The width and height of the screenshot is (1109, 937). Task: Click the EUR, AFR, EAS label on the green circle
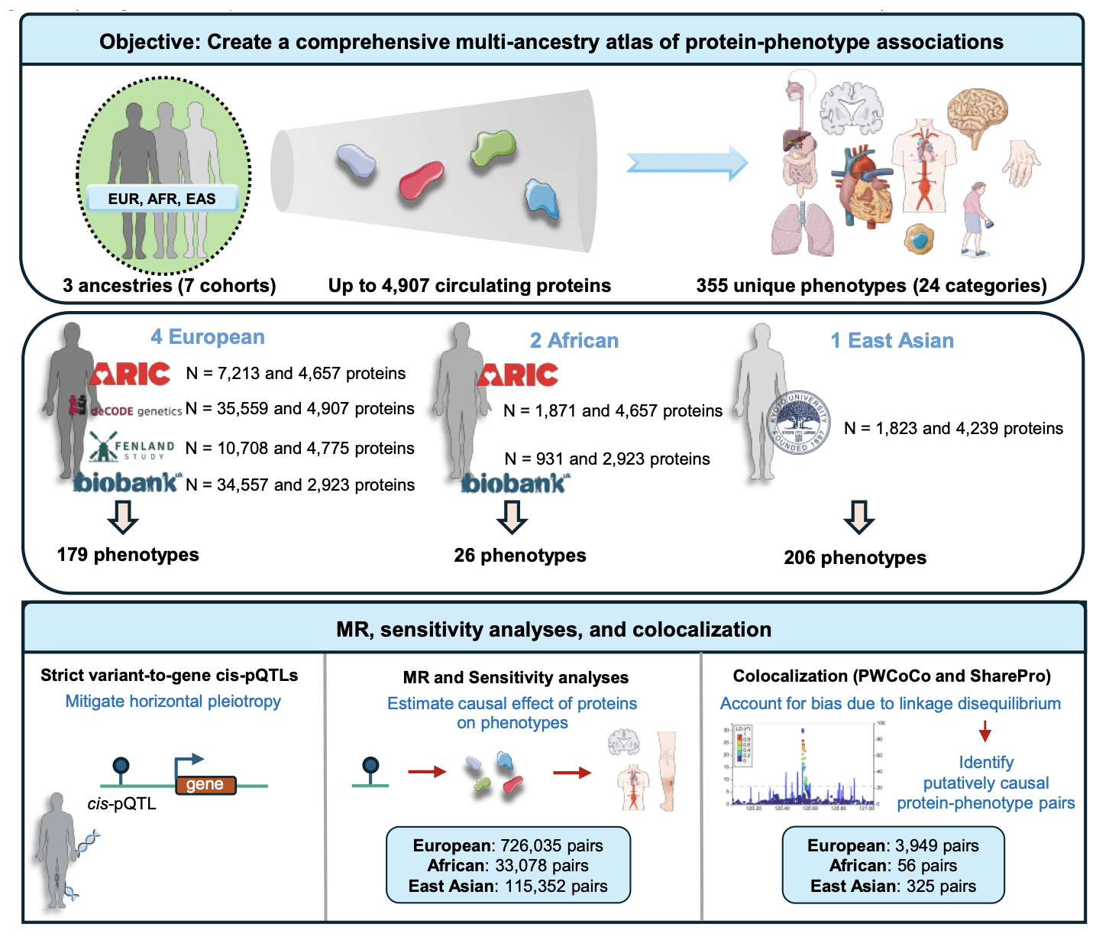point(162,199)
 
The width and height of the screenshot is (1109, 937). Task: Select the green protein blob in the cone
point(493,148)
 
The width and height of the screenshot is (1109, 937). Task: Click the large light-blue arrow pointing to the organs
point(686,163)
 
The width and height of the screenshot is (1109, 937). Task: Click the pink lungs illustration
point(803,229)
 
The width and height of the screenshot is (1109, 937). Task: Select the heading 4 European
point(208,337)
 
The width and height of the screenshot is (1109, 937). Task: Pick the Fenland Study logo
point(131,447)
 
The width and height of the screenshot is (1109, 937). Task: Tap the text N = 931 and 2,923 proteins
point(607,459)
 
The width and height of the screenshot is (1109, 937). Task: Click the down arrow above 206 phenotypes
point(858,517)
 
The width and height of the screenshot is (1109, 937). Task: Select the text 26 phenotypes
point(520,556)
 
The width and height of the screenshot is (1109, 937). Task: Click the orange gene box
point(205,785)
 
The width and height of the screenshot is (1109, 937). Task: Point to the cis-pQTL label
point(121,804)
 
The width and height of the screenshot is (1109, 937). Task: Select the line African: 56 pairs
point(893,865)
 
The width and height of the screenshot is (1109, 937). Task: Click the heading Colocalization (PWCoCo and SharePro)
point(891,676)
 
